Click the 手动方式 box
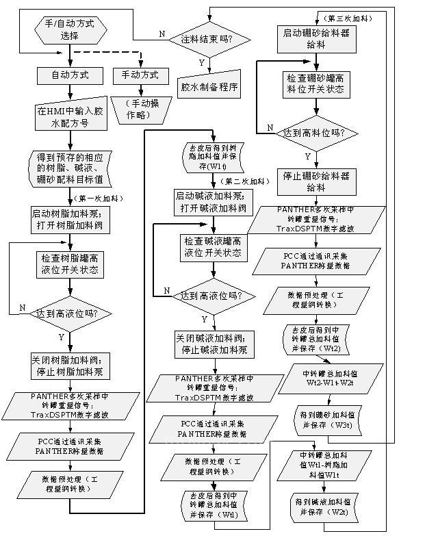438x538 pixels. (x=140, y=75)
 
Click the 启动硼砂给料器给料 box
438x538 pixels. (x=315, y=37)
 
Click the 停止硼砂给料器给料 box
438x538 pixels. (x=315, y=181)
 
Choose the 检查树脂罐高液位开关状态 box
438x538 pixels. (x=69, y=264)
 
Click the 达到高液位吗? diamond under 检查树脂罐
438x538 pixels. (x=67, y=313)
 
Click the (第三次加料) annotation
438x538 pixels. (x=339, y=15)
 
